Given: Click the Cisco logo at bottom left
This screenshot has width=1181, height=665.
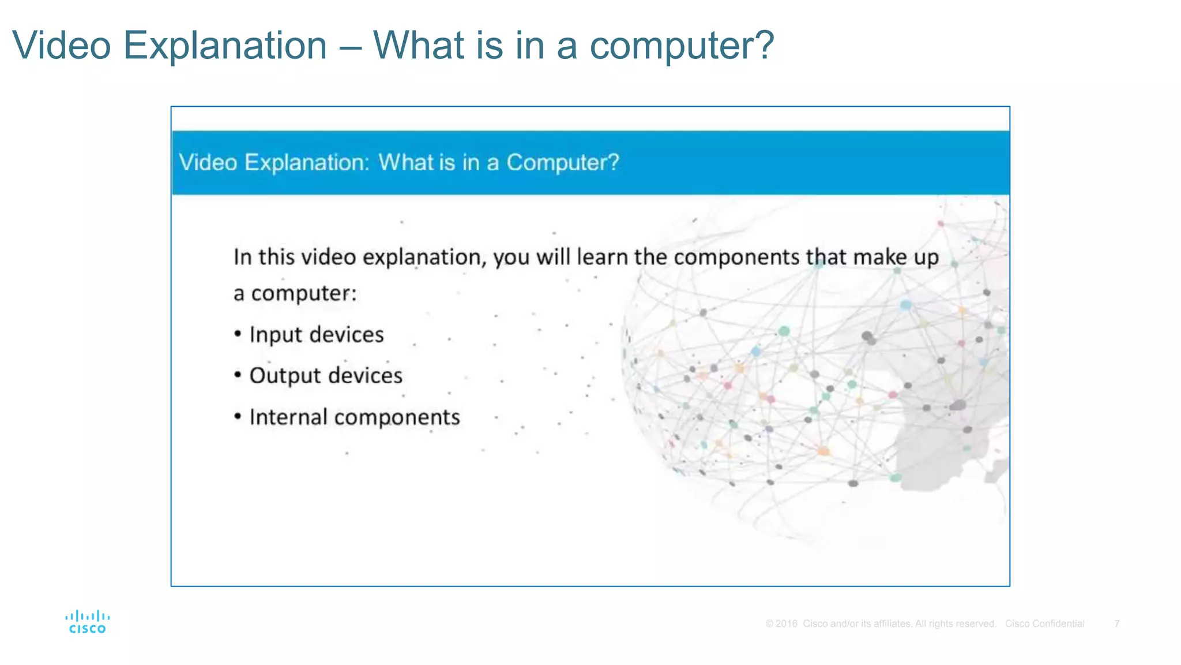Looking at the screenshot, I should pyautogui.click(x=87, y=622).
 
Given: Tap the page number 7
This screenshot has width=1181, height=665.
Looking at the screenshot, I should pyautogui.click(x=1116, y=623).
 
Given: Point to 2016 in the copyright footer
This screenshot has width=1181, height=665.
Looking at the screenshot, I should pyautogui.click(x=786, y=623).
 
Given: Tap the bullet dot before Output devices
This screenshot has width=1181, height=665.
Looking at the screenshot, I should pyautogui.click(x=238, y=375).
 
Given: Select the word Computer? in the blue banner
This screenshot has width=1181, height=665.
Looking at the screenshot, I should pyautogui.click(x=562, y=163).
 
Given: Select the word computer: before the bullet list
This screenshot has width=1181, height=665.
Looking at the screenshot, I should pyautogui.click(x=304, y=294).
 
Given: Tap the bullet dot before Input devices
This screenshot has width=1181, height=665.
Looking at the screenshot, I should pyautogui.click(x=238, y=334).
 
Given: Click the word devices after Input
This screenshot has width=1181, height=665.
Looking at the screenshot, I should pyautogui.click(x=352, y=335).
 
